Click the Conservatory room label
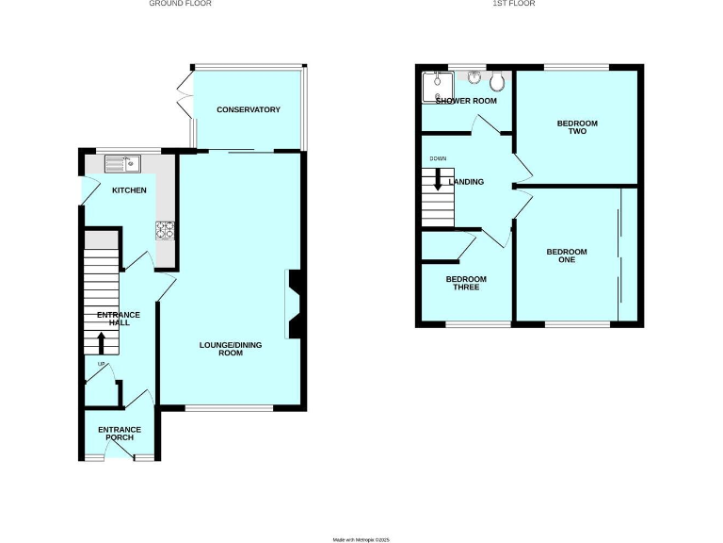pos(249,110)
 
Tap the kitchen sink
pos(122,165)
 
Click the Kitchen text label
pos(130,190)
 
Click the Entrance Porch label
pos(119,433)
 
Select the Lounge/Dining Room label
pos(231,350)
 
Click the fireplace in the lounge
pos(295,303)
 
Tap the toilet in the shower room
pos(496,82)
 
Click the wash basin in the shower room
pos(473,76)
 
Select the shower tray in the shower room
pos(437,85)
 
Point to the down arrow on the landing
pos(438,179)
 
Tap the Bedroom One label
pos(567,255)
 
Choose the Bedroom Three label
pos(466,283)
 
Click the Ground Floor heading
pos(181,4)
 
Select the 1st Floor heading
pos(529,4)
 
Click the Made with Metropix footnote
pos(361,539)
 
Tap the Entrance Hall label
pos(119,319)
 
